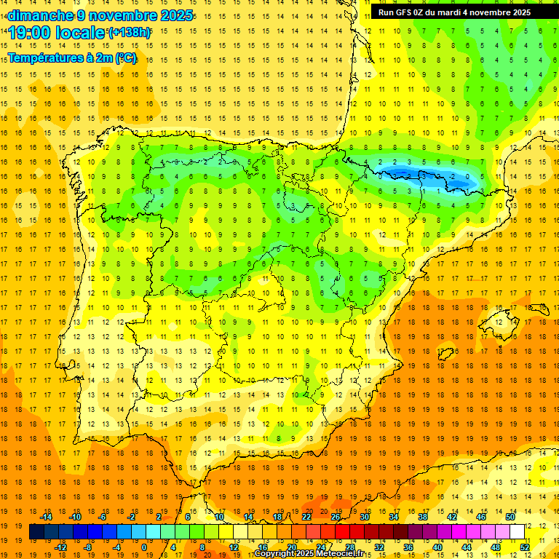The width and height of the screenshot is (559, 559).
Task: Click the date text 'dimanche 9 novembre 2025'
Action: [100, 15]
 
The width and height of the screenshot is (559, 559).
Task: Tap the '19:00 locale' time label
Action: [57, 33]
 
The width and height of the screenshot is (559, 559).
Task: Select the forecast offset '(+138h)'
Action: [130, 33]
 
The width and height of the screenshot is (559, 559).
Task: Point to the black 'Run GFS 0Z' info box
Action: [454, 12]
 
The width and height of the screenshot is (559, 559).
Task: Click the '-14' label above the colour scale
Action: [46, 516]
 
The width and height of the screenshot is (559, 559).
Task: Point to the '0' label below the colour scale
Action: [143, 547]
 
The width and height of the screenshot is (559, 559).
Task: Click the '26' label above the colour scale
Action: [336, 516]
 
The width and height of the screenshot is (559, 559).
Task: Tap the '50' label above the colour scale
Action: [510, 516]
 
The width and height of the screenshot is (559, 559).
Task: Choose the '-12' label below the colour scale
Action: [60, 547]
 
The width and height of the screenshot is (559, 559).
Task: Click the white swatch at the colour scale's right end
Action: [518, 531]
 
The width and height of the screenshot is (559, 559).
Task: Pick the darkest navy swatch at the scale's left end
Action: [36, 531]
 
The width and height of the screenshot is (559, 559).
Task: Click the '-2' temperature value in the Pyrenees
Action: [453, 176]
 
